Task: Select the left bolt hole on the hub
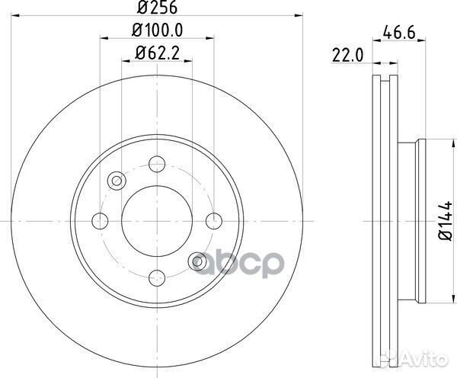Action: [x=99, y=221]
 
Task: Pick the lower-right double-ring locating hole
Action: [x=197, y=261]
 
